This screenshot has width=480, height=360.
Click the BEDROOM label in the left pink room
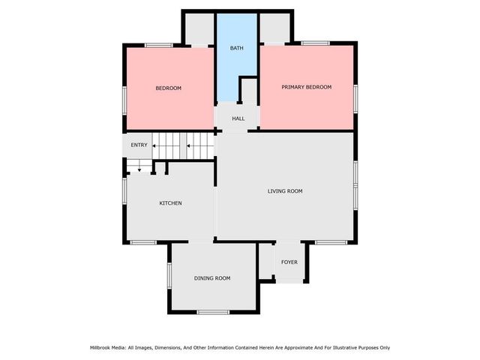(x=169, y=88)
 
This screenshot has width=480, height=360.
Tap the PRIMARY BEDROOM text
(x=306, y=87)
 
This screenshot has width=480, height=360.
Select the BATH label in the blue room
(x=236, y=49)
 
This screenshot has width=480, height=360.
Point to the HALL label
(x=238, y=118)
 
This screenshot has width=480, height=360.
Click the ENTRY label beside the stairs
(x=139, y=145)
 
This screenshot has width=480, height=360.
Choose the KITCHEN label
(x=170, y=203)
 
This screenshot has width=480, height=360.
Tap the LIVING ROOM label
(x=285, y=191)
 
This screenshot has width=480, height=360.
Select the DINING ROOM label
(x=212, y=278)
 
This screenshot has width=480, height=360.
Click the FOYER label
(x=289, y=262)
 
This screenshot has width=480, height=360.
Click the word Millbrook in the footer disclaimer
(x=103, y=347)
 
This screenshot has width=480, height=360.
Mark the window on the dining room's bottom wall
(x=212, y=311)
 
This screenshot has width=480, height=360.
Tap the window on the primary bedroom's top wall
(x=315, y=43)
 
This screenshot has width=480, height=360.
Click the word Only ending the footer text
(x=383, y=347)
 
